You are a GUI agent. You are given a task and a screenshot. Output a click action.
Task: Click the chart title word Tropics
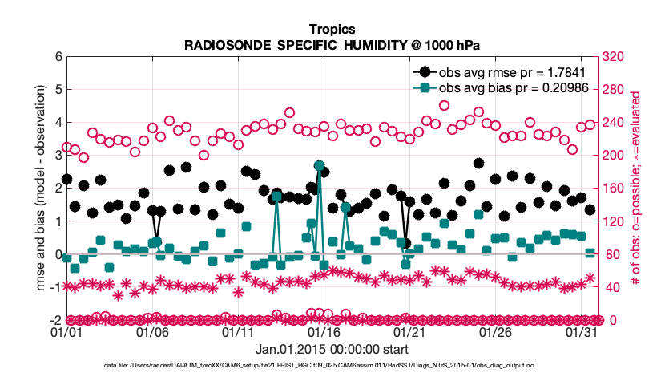332,29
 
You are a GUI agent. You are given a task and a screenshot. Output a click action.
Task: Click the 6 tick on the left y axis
58,57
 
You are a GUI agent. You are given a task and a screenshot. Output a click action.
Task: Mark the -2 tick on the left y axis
55,320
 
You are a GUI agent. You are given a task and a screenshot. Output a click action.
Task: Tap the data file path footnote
332,365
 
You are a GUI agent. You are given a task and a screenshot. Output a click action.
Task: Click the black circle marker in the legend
423,72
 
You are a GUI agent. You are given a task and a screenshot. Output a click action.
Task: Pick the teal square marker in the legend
423,87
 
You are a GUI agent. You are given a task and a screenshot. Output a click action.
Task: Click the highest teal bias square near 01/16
320,166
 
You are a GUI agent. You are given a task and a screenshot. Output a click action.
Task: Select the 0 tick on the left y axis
58,254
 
